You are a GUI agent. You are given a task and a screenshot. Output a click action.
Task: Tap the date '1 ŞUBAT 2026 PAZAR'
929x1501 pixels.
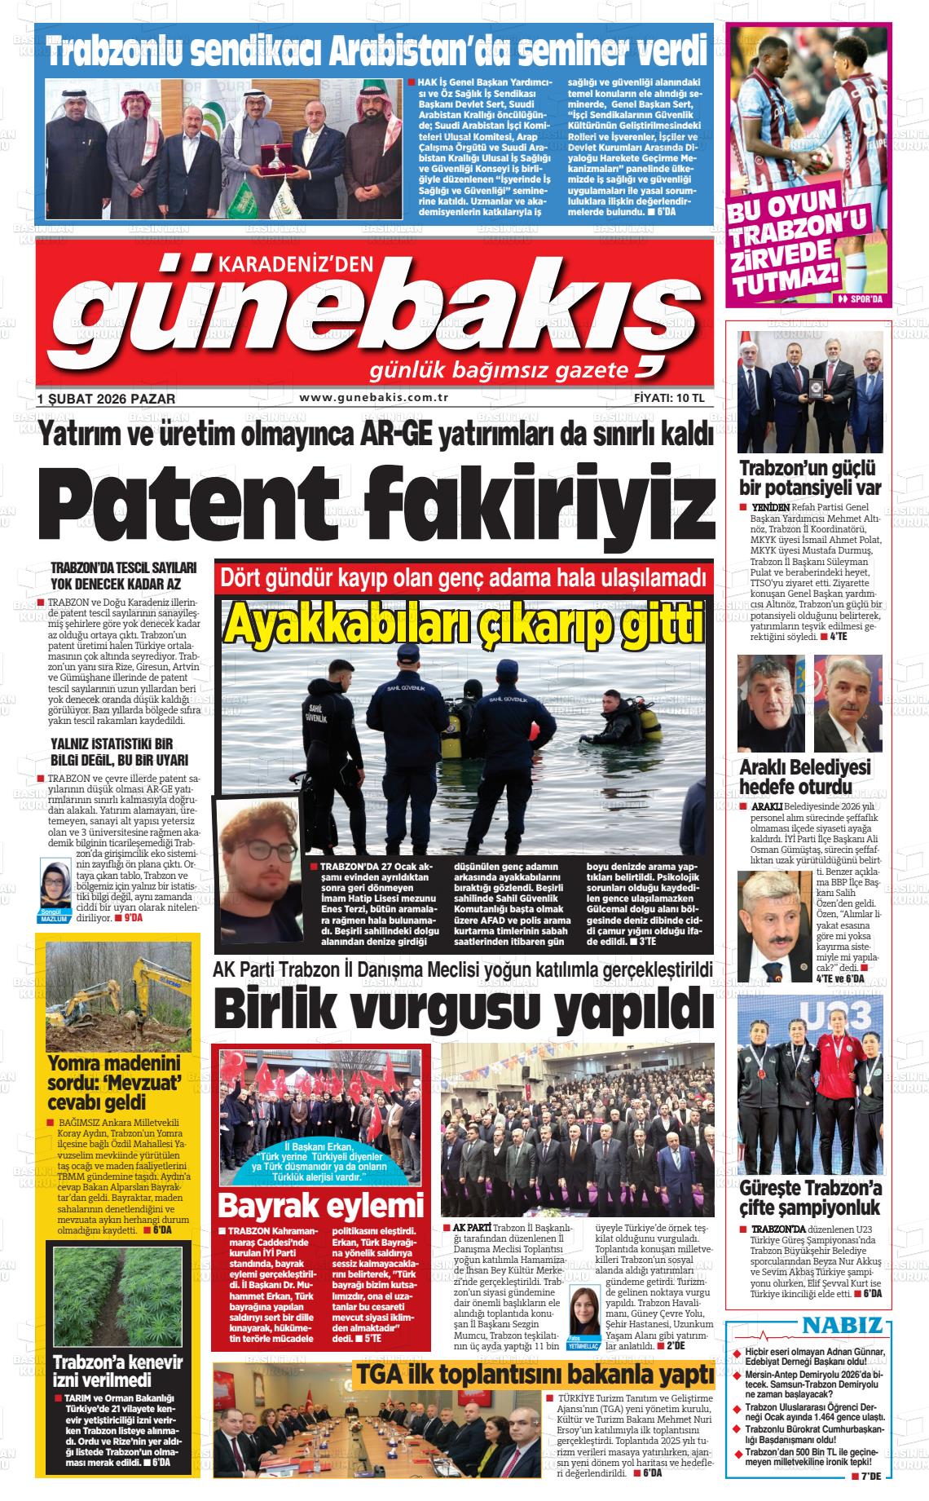pyautogui.click(x=106, y=399)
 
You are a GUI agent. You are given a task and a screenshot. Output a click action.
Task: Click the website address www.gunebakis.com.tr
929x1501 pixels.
pyautogui.click(x=375, y=397)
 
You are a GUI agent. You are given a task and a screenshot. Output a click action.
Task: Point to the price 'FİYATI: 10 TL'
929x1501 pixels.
pyautogui.click(x=668, y=399)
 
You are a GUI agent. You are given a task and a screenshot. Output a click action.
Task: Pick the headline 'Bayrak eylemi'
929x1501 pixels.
pyautogui.click(x=321, y=1205)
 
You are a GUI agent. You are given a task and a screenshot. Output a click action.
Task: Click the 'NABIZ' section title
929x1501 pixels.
pyautogui.click(x=842, y=1325)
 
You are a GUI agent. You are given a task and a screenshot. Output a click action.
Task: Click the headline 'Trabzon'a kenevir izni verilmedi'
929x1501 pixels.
pyautogui.click(x=118, y=1371)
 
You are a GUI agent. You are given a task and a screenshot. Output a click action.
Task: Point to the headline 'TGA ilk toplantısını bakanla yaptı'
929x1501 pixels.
pyautogui.click(x=534, y=1375)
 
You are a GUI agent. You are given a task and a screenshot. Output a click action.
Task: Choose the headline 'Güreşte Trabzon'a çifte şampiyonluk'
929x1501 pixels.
pyautogui.click(x=810, y=1198)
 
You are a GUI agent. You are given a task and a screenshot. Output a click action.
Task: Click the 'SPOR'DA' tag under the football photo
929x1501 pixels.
pyautogui.click(x=860, y=299)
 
